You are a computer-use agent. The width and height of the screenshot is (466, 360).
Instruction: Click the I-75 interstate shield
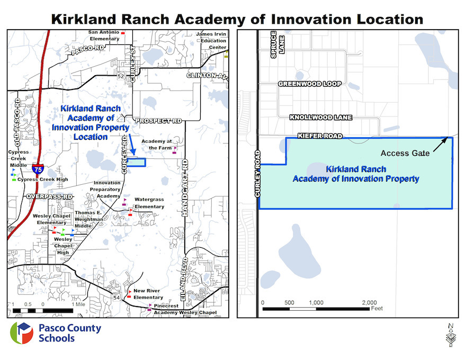(38, 169)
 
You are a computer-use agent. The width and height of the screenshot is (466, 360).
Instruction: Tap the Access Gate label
(405, 154)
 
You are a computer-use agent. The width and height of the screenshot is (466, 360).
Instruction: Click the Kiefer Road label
(320, 136)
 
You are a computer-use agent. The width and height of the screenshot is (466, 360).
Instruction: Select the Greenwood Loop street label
(310, 84)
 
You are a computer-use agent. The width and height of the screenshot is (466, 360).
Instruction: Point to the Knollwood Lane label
(321, 118)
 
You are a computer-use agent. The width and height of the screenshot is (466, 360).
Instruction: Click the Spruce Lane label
(277, 44)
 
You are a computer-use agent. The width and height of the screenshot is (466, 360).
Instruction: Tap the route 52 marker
(120, 76)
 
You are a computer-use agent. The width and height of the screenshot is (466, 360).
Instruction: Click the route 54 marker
(116, 298)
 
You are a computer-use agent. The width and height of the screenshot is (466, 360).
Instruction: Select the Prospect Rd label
(158, 121)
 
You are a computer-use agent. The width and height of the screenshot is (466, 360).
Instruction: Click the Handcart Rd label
(185, 188)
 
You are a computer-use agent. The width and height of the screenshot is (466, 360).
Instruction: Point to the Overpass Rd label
(49, 196)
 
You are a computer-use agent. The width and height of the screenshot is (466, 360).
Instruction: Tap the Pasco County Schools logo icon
(22, 333)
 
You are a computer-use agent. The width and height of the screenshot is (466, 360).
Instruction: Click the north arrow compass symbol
(451, 335)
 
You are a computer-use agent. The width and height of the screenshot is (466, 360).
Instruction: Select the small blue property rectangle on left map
(137, 162)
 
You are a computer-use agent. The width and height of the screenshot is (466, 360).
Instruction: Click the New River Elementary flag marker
(129, 294)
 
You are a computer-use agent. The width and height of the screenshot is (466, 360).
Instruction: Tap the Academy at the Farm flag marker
(175, 150)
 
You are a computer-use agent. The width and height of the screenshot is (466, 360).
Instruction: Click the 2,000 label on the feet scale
(369, 303)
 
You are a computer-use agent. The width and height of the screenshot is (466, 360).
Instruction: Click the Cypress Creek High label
(43, 179)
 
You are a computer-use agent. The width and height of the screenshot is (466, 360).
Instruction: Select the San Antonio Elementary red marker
(123, 33)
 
